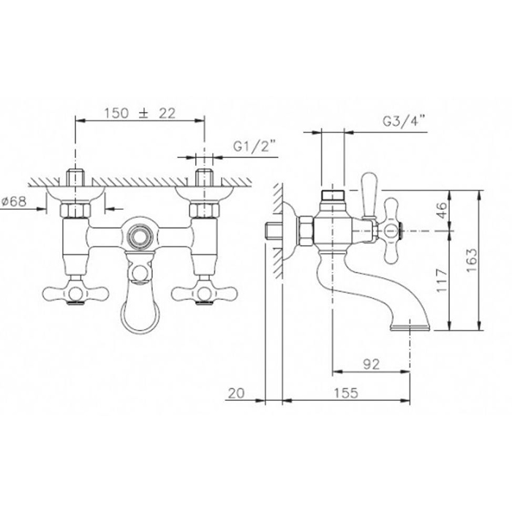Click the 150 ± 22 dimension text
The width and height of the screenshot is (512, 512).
pyautogui.click(x=140, y=113)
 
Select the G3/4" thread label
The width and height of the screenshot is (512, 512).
pyautogui.click(x=404, y=121)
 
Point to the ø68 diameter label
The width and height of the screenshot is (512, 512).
pyautogui.click(x=14, y=201)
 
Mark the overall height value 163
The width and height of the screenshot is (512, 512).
pyautogui.click(x=472, y=260)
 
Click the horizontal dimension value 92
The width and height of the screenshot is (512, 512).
pyautogui.click(x=372, y=364)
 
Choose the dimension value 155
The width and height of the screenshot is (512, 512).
pyautogui.click(x=346, y=393)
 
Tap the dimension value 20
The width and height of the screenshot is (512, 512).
pyautogui.click(x=236, y=394)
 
